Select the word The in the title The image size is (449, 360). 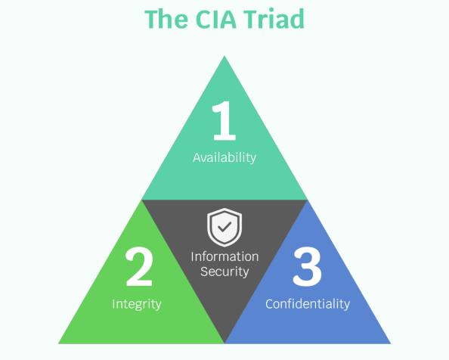click(x=166, y=19)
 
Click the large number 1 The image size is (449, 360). click(x=224, y=120)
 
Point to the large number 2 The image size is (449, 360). click(x=139, y=266)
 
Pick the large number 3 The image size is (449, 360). click(x=307, y=266)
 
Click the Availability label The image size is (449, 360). click(x=224, y=157)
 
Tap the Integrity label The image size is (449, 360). click(x=137, y=304)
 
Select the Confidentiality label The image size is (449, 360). click(x=308, y=304)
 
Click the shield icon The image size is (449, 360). click(x=224, y=227)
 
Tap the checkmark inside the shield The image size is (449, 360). click(x=224, y=227)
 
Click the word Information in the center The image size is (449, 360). click(x=224, y=256)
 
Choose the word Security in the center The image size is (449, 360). click(x=224, y=272)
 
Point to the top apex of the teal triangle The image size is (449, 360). click(x=224, y=56)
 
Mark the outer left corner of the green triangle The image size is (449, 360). click(x=58, y=343)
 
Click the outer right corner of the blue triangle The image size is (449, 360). click(x=391, y=343)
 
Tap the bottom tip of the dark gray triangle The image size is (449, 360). click(x=224, y=343)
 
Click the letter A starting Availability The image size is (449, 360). click(x=197, y=157)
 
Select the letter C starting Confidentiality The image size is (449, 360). click(x=270, y=304)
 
